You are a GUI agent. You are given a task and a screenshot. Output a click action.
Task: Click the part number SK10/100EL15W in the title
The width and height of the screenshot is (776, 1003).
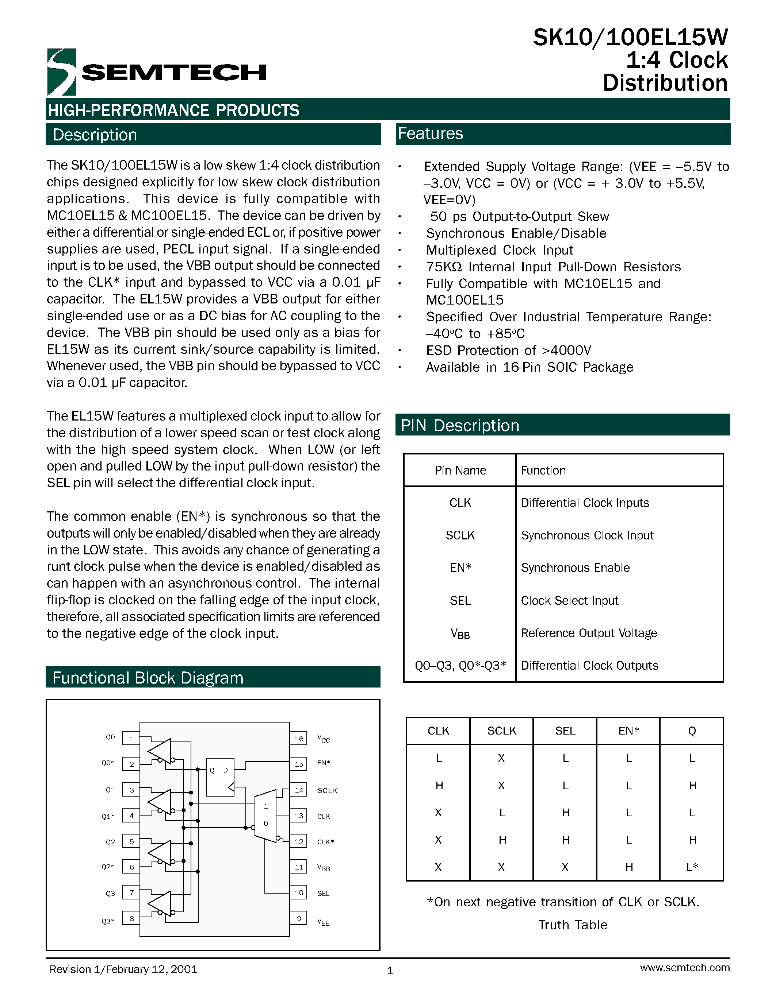[x=630, y=38]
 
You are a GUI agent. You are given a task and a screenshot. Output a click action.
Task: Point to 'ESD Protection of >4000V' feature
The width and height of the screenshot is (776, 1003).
[x=508, y=351]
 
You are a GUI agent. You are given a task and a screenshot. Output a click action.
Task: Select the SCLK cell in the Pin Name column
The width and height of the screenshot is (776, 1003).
[x=460, y=535]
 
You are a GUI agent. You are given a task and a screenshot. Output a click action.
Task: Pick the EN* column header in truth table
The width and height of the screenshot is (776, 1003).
[x=628, y=731]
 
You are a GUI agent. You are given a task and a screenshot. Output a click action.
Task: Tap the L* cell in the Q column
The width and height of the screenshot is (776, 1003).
[x=692, y=867]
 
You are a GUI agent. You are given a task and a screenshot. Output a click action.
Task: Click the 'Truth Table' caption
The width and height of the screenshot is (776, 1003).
[x=572, y=925]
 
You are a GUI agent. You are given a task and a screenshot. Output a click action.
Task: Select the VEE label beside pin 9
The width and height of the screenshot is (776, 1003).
[x=323, y=922]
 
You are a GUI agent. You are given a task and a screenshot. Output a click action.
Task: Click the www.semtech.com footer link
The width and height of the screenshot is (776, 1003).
[x=684, y=968]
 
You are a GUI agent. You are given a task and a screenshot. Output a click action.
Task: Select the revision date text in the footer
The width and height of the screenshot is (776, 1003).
[x=123, y=969]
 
